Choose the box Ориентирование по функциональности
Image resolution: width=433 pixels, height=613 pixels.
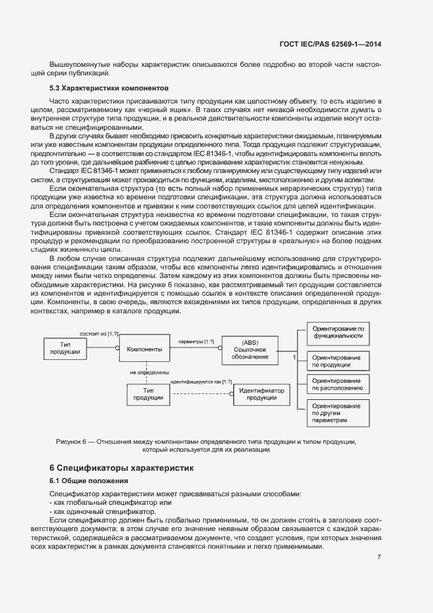[x=337, y=331]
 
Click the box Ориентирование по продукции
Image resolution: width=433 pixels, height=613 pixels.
[x=337, y=361]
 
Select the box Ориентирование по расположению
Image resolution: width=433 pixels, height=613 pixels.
[x=337, y=384]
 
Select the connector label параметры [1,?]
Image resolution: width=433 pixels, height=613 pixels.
[x=196, y=342]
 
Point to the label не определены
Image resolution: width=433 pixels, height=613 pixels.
[x=149, y=372]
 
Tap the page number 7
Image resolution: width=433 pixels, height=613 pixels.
[x=379, y=557]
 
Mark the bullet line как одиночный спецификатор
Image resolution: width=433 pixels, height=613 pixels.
[x=103, y=511]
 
